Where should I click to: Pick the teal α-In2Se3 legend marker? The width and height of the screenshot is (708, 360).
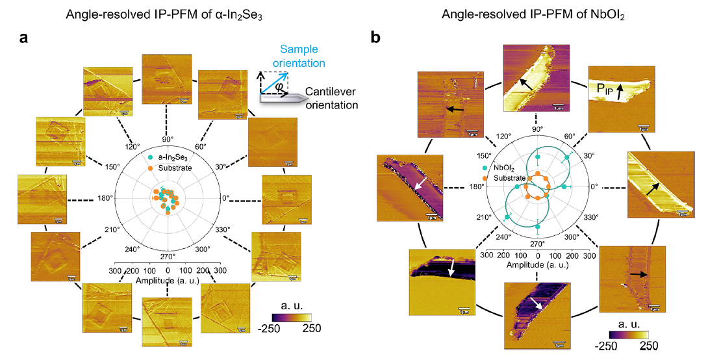click(x=151, y=158)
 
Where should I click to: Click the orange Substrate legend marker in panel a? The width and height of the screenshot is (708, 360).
click(x=151, y=168)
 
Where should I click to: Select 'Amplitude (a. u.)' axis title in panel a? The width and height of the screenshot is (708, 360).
click(x=167, y=280)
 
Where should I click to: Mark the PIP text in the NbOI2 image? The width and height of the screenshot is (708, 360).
click(x=601, y=88)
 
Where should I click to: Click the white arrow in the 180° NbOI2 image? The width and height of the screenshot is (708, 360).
click(x=404, y=186)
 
